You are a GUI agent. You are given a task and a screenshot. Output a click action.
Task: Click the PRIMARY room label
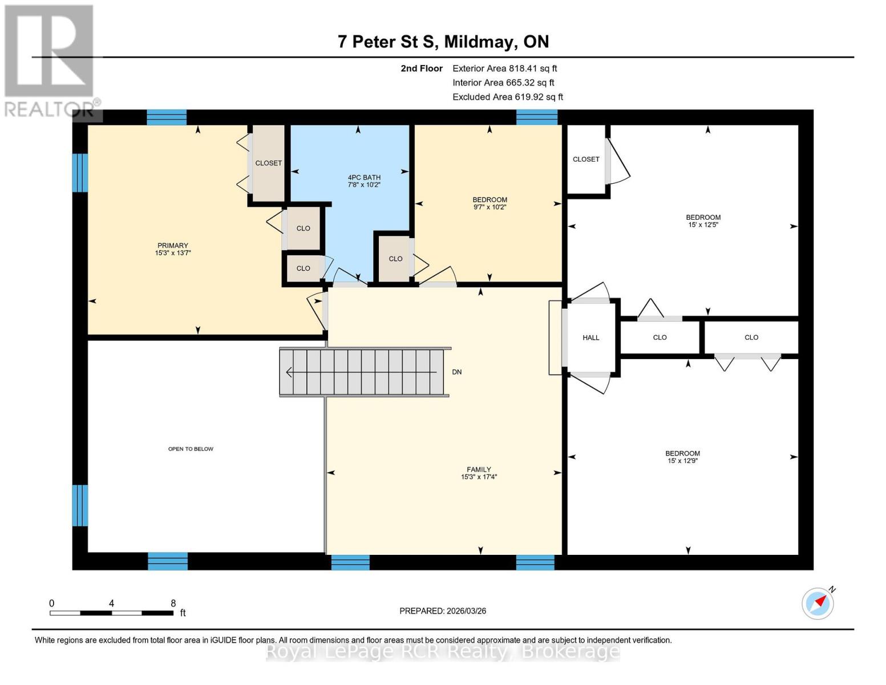173,245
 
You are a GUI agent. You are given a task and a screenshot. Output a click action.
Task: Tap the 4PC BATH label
364,178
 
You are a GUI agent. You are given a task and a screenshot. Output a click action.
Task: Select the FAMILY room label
479,469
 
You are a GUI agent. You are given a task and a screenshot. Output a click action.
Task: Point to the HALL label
590,337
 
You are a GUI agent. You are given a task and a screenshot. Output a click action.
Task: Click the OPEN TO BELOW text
191,449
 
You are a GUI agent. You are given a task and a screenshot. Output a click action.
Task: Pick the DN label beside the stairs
456,372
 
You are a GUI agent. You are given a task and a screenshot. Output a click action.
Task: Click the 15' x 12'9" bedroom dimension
682,461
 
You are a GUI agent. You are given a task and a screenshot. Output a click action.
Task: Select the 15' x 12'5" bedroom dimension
703,225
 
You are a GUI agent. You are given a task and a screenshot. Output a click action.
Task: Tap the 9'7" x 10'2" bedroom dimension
489,207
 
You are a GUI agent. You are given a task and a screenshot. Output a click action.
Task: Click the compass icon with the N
818,603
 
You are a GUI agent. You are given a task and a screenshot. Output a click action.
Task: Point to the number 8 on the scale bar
173,603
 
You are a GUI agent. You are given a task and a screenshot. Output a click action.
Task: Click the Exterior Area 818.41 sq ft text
504,68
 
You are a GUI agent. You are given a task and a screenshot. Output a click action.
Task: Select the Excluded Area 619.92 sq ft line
507,96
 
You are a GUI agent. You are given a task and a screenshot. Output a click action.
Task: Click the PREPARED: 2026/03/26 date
443,611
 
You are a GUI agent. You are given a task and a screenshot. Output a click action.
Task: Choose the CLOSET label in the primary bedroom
268,163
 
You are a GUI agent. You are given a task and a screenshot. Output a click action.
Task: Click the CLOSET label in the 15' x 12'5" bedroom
586,159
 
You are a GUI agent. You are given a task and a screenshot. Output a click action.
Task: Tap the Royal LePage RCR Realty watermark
443,651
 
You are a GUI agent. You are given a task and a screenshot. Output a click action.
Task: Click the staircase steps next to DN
362,372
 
